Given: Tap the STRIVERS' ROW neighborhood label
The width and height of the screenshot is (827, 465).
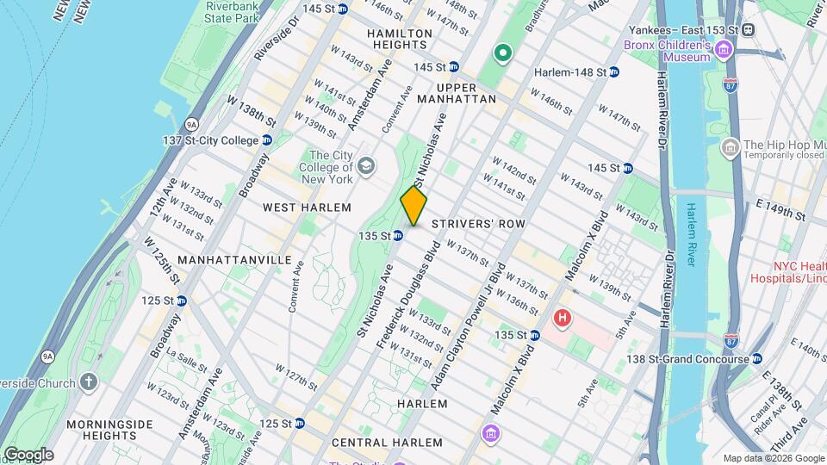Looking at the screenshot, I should tap(478, 223).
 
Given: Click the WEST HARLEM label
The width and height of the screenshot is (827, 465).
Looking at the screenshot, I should tap(307, 208).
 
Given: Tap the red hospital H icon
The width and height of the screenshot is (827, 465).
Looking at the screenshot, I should tap(563, 319).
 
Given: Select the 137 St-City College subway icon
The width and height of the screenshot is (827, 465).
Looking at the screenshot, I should tap(267, 140).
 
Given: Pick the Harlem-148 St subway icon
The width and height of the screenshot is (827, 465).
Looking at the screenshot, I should tap(614, 72).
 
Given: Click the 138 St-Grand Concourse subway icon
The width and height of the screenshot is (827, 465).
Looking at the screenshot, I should tap(756, 358).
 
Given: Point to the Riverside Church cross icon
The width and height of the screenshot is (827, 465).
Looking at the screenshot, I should tap(90, 381).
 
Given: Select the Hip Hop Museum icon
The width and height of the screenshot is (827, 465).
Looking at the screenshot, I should tap(730, 146).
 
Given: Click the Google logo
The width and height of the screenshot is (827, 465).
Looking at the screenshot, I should tap(28, 455).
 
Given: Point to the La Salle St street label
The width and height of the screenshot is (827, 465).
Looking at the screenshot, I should tap(183, 354).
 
